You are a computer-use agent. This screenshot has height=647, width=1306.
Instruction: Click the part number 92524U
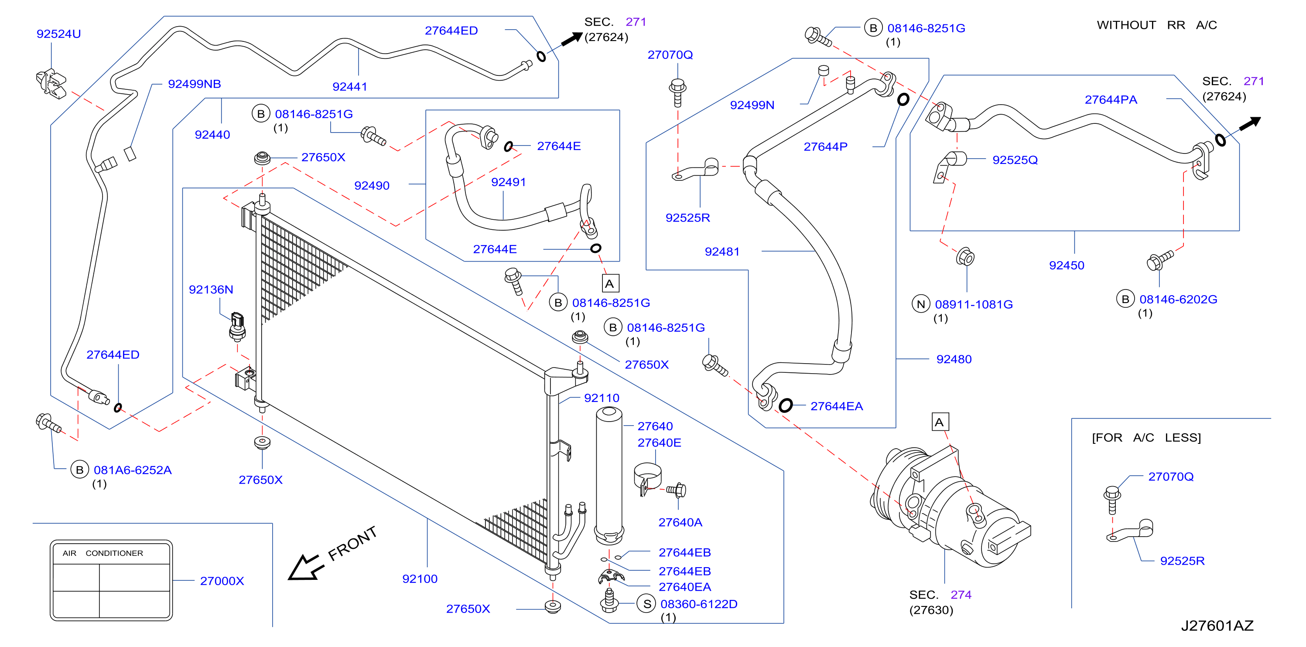(59, 34)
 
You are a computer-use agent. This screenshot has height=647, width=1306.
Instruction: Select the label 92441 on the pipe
(350, 87)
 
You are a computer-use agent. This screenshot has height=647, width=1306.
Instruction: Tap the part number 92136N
(211, 289)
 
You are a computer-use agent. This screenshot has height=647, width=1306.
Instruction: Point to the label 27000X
(222, 581)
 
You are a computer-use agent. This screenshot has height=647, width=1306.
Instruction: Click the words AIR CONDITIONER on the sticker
(103, 553)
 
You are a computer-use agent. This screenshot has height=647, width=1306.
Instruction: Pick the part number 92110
(602, 398)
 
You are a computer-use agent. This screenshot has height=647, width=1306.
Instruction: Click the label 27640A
(680, 522)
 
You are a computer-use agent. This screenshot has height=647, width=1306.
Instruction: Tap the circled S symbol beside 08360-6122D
(647, 604)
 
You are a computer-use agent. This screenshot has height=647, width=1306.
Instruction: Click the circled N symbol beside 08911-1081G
(921, 304)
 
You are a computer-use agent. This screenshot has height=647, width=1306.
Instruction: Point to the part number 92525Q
(1015, 160)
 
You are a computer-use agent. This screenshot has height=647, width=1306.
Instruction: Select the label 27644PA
(1111, 99)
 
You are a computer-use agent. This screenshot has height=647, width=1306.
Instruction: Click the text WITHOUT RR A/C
(1157, 25)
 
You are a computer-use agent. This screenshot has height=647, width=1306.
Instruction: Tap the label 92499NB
(194, 84)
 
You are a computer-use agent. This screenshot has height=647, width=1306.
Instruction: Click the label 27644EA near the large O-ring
(837, 406)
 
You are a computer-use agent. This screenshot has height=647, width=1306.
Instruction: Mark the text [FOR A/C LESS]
(1146, 437)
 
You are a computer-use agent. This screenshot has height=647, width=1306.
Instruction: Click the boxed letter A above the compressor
(940, 422)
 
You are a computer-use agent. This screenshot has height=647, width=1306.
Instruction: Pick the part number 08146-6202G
(1178, 299)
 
